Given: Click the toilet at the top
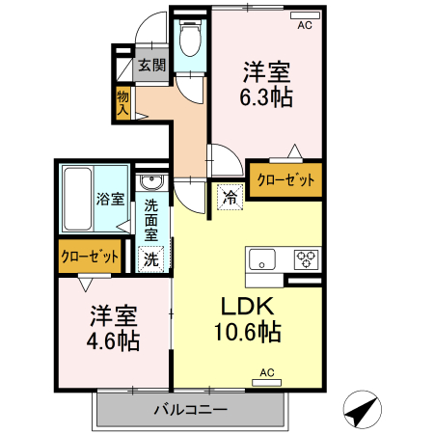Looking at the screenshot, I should (190, 41).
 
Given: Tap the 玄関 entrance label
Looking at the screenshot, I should (151, 66).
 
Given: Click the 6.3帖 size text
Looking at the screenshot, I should (266, 96).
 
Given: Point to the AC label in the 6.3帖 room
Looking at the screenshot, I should (305, 26).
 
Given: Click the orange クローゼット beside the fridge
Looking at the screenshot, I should (285, 179).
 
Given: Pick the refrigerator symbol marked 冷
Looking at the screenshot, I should (230, 196).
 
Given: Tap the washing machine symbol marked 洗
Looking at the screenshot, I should (151, 258).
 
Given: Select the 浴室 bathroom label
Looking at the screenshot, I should (109, 200).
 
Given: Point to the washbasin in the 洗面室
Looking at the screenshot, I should (150, 183).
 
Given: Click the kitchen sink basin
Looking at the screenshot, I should (262, 258).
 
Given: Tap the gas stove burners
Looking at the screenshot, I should (307, 258).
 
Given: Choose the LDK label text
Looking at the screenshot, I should (250, 308).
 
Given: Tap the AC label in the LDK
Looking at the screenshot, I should (267, 372).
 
